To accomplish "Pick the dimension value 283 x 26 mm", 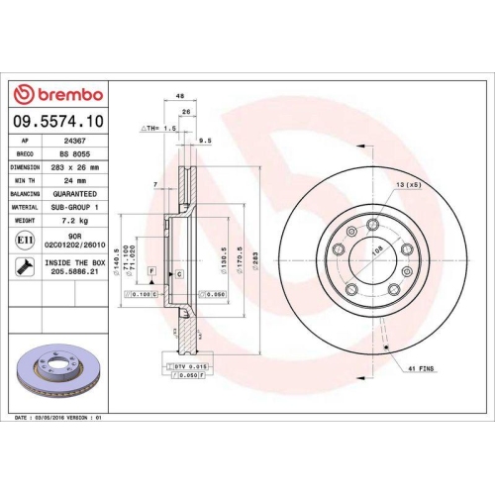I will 79,167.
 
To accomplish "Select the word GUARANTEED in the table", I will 79,194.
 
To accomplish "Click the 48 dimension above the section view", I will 180,96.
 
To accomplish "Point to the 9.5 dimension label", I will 205,142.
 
